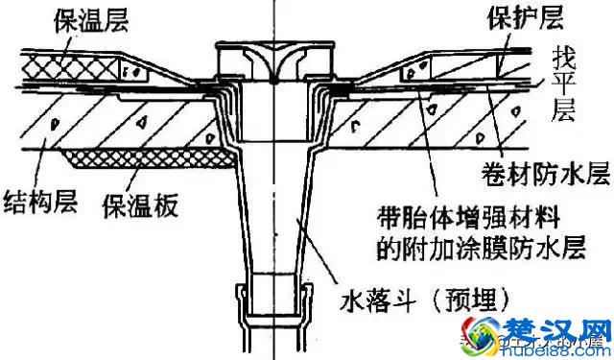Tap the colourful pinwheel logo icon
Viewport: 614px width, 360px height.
coord(494,331)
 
